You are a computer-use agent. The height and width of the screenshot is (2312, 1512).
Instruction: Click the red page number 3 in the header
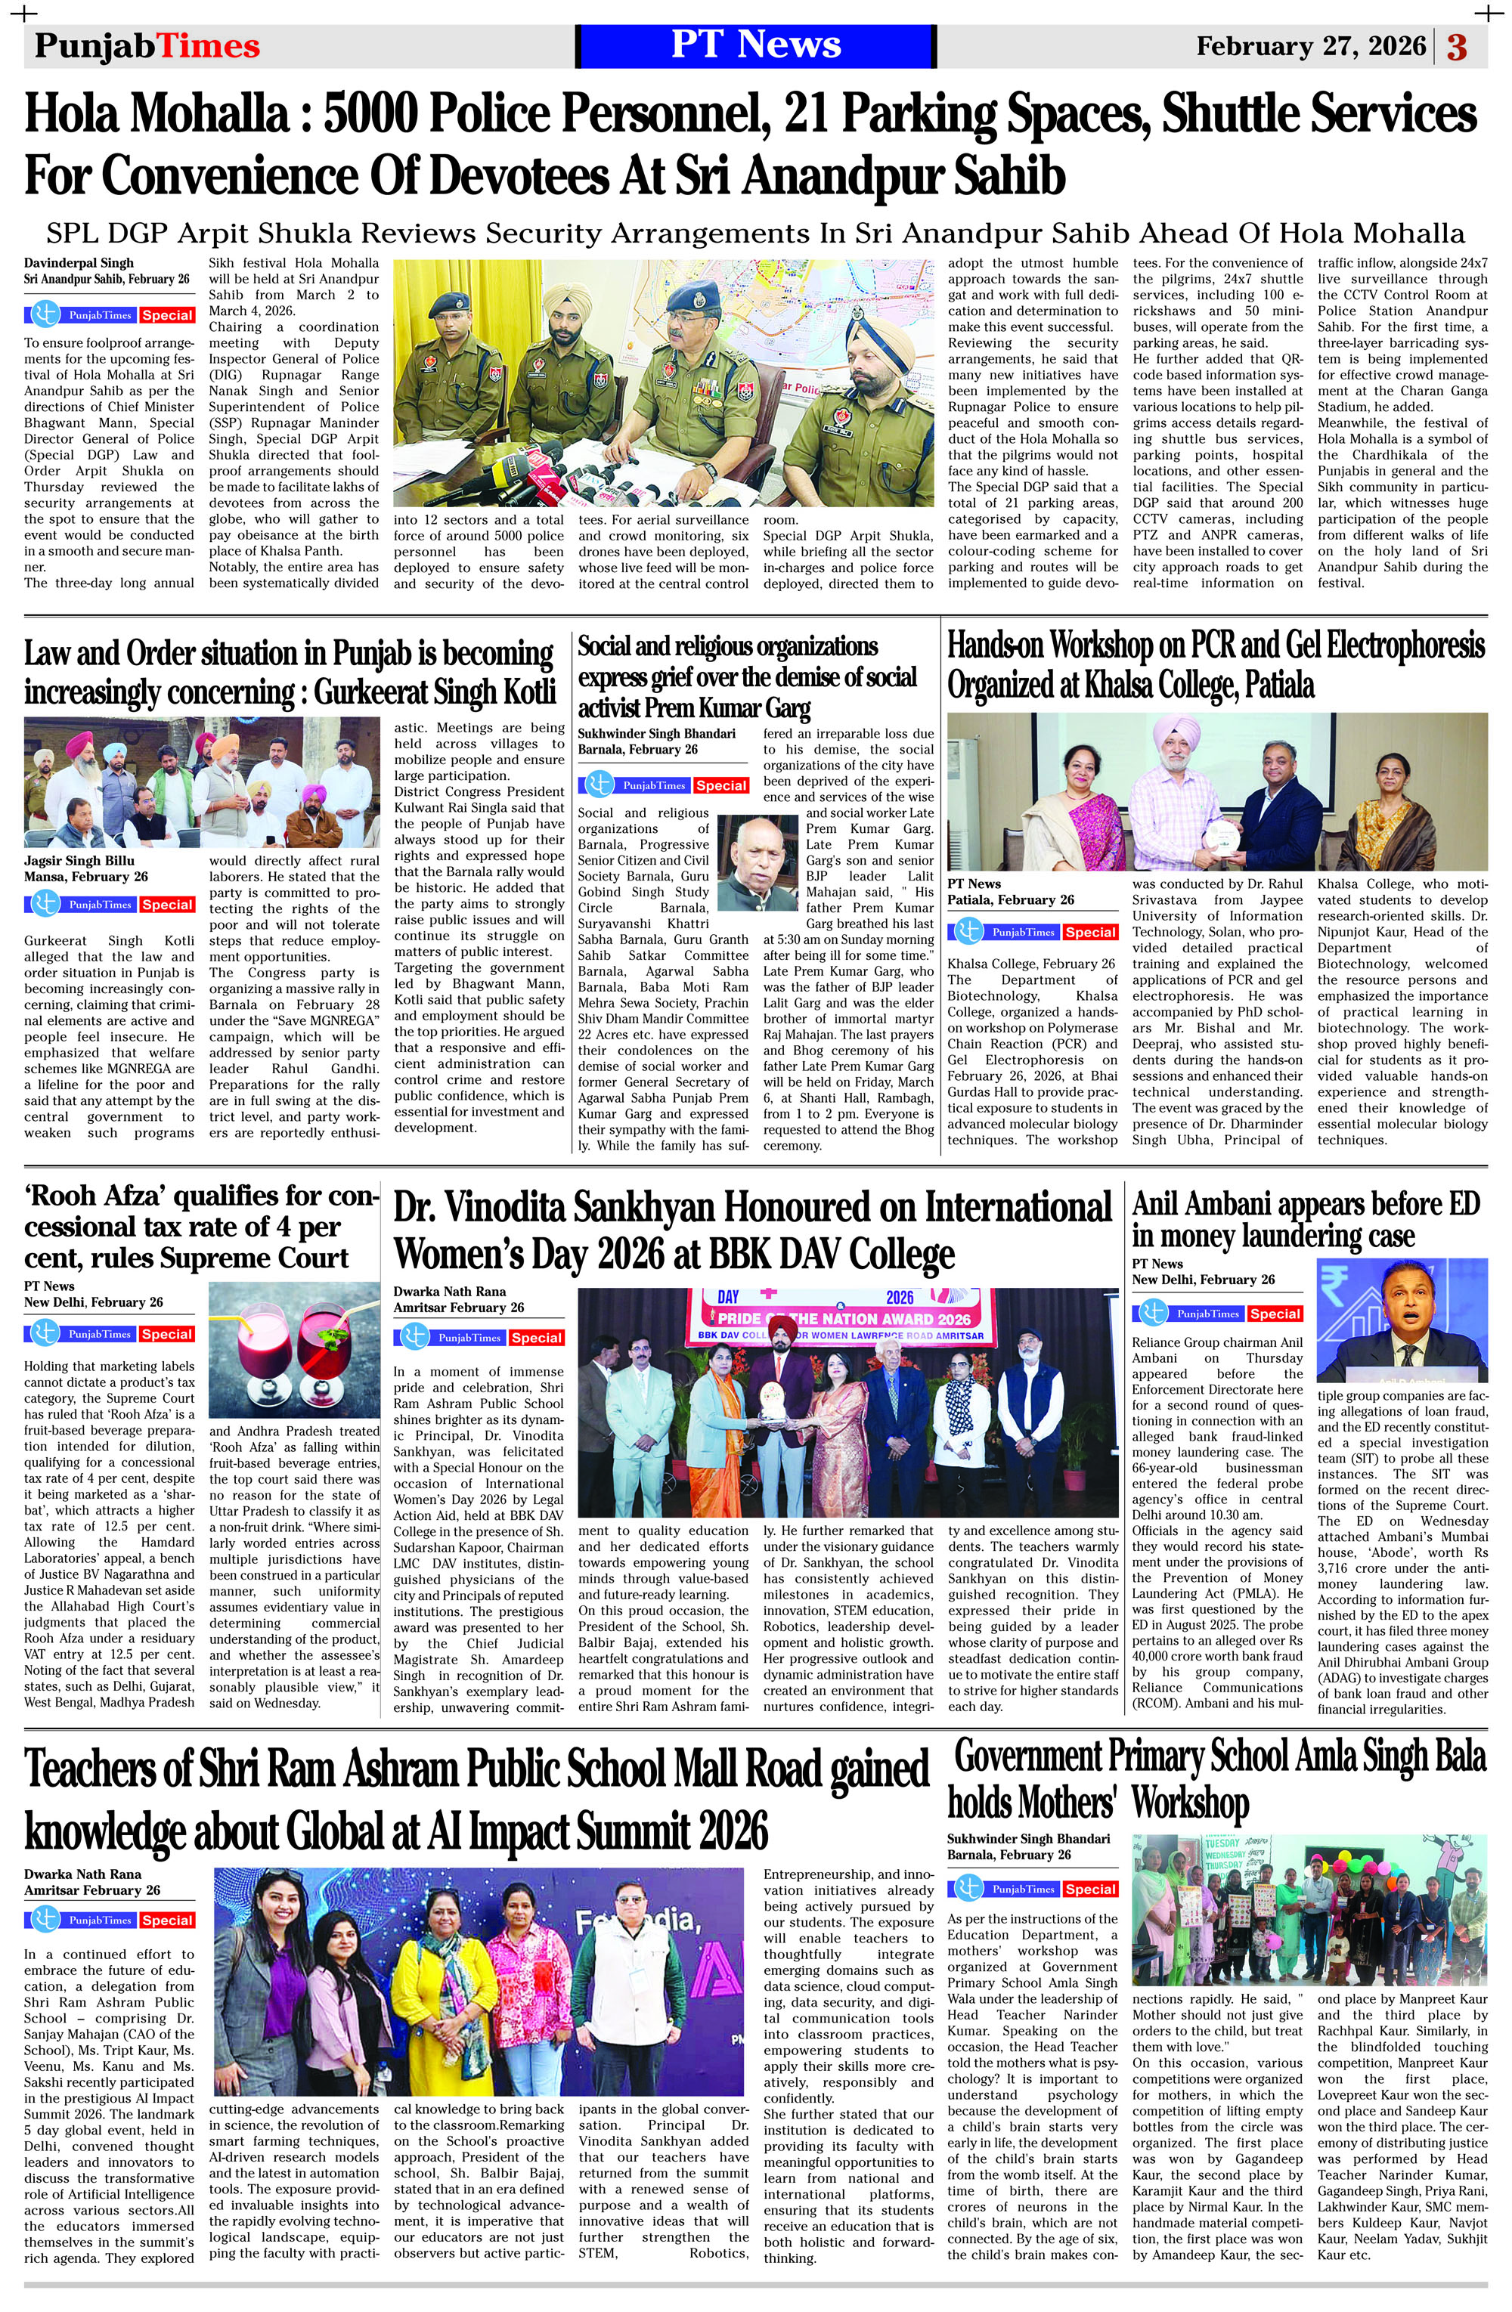[1457, 47]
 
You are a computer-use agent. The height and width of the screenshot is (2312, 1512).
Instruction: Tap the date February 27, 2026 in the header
[1311, 47]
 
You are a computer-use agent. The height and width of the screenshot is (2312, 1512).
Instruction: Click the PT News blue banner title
[755, 45]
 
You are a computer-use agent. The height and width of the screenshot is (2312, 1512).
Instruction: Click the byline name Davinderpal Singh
[79, 262]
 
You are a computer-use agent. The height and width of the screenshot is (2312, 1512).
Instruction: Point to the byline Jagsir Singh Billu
[79, 861]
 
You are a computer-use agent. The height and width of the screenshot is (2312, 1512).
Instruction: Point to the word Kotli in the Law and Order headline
[522, 692]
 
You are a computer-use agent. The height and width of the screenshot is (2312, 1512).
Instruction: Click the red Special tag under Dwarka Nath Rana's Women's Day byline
[537, 1338]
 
